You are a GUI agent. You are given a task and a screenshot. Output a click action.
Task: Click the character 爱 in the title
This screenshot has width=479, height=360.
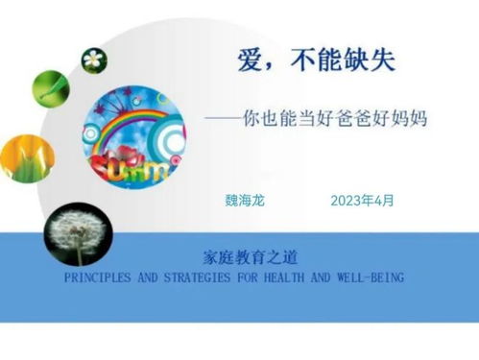(252, 62)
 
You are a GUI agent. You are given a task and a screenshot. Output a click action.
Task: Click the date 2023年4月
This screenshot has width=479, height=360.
(362, 201)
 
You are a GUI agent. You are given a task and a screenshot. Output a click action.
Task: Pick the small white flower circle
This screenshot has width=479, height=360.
(94, 60)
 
